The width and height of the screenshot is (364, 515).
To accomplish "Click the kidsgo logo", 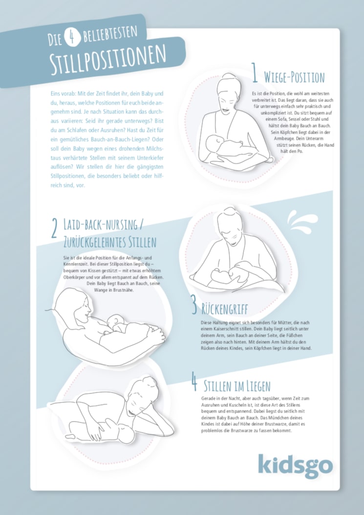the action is click(295, 466).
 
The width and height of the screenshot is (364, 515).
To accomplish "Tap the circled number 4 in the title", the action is click(71, 37).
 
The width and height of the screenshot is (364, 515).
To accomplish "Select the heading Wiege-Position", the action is click(294, 77).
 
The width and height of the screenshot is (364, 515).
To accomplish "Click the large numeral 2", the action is click(55, 229).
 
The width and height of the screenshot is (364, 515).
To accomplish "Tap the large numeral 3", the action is click(194, 304).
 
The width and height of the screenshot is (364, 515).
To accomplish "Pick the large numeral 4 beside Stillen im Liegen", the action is click(195, 381).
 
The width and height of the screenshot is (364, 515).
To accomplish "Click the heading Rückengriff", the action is click(225, 309).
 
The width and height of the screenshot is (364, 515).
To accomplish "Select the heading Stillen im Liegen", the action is click(237, 386).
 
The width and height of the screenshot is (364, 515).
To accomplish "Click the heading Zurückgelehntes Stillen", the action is click(110, 242).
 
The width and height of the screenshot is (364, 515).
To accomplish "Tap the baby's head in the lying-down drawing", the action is click(126, 433).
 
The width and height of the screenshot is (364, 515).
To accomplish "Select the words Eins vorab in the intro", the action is click(62, 94).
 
